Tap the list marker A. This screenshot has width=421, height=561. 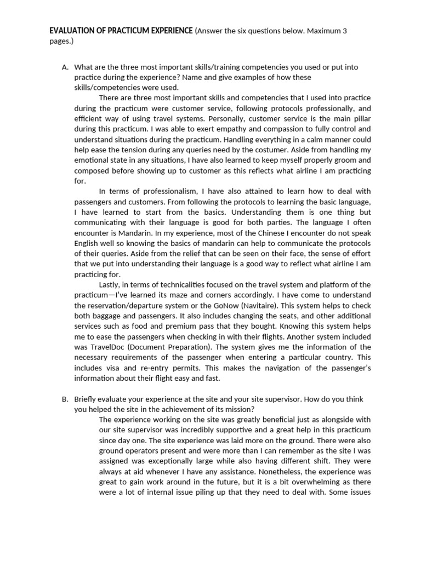click(x=65, y=67)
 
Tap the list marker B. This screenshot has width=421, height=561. click(x=65, y=399)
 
